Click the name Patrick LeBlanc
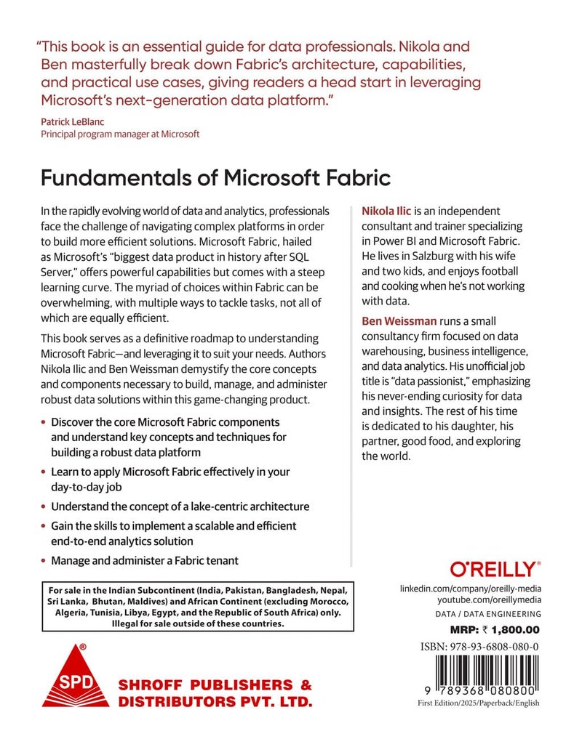coord(73,122)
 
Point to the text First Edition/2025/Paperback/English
coord(479,703)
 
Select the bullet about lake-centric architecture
coord(180,506)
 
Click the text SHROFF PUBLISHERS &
coord(215,685)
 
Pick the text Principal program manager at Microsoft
coord(120,134)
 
